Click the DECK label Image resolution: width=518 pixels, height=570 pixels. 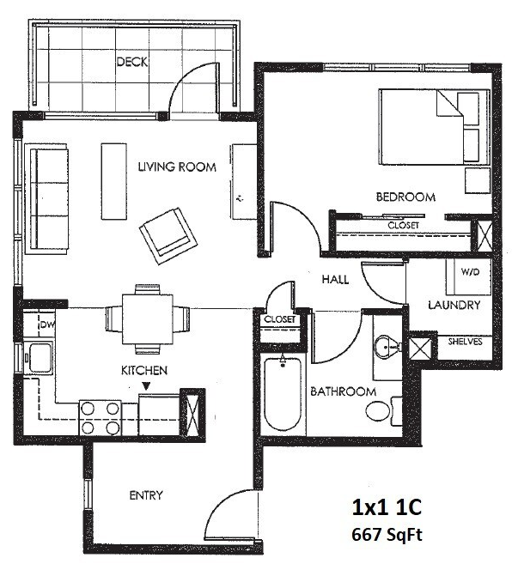[x=132, y=62]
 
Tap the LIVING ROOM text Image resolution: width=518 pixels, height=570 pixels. [x=177, y=167]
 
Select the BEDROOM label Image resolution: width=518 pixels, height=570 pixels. [x=405, y=197]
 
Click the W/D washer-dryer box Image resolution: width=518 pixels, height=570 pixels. [x=468, y=276]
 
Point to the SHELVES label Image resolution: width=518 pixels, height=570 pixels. [x=465, y=342]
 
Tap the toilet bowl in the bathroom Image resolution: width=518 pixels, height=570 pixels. [x=378, y=411]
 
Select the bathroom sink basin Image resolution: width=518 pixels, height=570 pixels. [x=386, y=346]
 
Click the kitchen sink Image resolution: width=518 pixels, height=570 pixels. [x=40, y=357]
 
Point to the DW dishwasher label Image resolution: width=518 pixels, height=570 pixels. [x=46, y=324]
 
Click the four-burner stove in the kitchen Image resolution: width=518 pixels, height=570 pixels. [x=100, y=418]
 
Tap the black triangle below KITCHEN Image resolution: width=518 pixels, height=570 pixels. [x=146, y=385]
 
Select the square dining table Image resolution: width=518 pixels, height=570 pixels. [x=148, y=318]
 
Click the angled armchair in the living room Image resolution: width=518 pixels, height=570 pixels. [x=168, y=236]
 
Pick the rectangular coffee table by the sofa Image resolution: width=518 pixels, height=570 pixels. [x=114, y=181]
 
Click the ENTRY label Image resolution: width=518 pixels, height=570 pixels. [x=146, y=495]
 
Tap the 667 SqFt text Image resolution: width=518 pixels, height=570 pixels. [x=387, y=534]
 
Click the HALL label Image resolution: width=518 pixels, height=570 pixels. [x=335, y=279]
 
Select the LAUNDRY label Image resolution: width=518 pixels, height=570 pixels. [x=454, y=305]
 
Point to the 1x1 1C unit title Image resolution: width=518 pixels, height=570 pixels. [x=387, y=507]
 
